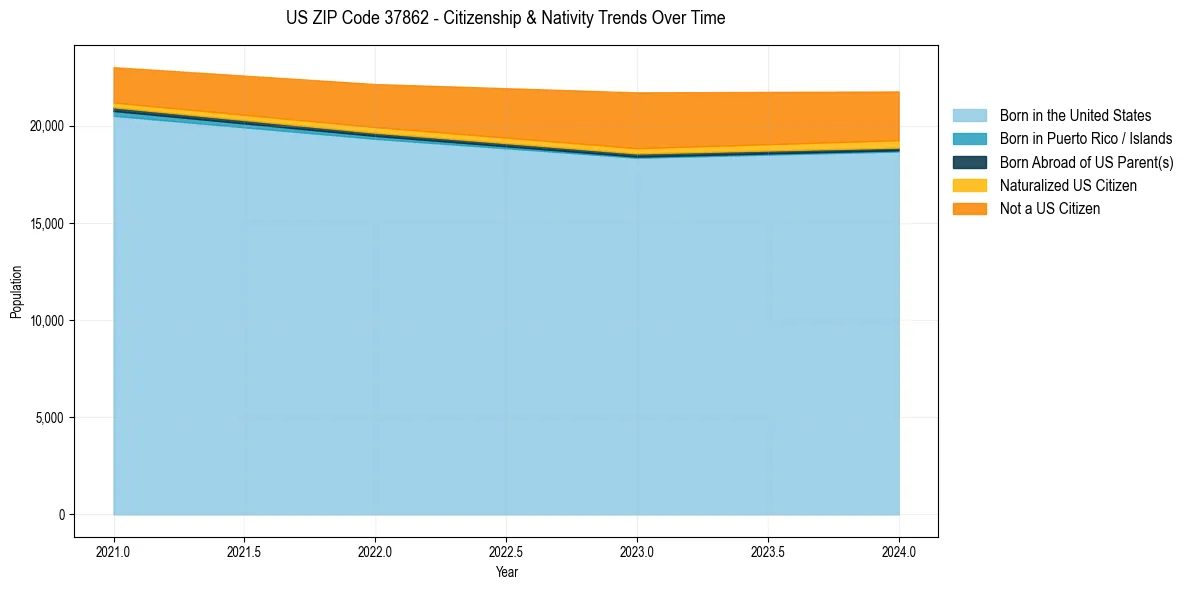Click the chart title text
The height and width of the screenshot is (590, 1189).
point(505,18)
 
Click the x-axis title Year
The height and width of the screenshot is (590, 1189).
point(506,572)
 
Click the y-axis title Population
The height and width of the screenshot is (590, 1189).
point(16,292)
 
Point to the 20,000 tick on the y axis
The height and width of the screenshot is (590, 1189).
point(47,126)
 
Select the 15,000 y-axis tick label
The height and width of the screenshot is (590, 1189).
point(47,223)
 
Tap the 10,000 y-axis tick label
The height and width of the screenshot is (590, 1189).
point(47,320)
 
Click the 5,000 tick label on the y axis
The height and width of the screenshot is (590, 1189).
point(50,417)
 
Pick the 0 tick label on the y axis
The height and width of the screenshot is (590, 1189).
point(60,515)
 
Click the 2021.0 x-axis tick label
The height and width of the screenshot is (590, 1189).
point(114,551)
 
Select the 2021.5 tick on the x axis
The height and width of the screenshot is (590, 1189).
point(245,551)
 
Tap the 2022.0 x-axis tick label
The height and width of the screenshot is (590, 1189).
point(376,551)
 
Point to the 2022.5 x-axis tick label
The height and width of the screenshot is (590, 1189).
point(507,551)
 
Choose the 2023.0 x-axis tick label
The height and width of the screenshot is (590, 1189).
point(638,551)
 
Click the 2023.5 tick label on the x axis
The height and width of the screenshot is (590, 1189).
point(769,551)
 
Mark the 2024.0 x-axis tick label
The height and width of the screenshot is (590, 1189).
point(900,551)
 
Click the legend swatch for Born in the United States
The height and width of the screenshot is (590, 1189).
point(969,116)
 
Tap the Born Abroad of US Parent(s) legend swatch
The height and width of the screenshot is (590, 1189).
point(969,162)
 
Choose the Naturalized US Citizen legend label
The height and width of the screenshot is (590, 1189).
point(1068,185)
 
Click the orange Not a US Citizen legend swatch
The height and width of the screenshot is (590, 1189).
point(969,208)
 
